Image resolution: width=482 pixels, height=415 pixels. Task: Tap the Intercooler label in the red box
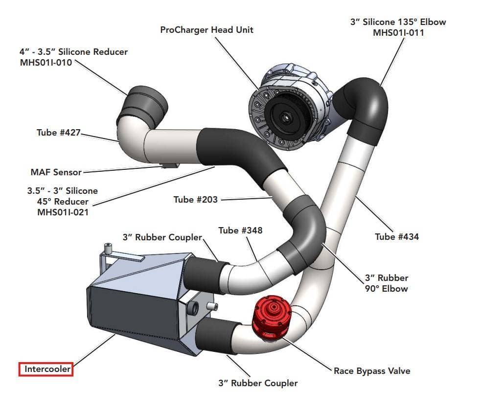(46, 369)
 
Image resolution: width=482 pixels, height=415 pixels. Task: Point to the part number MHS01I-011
(398, 33)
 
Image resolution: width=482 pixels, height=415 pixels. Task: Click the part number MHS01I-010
(39, 62)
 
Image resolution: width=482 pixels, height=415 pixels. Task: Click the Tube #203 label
(195, 200)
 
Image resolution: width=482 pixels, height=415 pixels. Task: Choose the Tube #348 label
(240, 230)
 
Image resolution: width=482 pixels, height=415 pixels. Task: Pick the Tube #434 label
(397, 237)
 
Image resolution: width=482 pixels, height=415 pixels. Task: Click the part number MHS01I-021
(63, 212)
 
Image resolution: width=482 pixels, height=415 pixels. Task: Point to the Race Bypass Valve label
(372, 370)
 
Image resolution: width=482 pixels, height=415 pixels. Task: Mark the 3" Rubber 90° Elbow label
(386, 283)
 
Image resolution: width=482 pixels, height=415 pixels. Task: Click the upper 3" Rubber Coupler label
(162, 237)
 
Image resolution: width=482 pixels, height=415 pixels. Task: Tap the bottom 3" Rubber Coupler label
(257, 383)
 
